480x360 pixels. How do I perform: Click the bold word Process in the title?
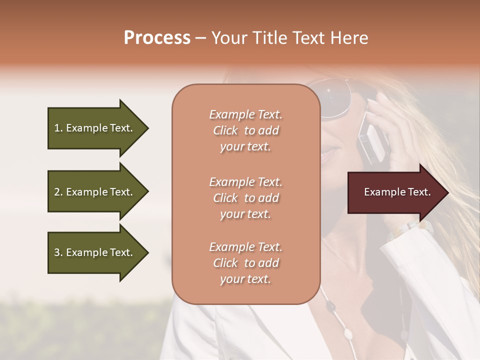157,38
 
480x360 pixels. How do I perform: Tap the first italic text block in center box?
245,130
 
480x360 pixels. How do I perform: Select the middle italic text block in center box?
245,197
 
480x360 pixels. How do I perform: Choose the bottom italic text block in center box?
245,263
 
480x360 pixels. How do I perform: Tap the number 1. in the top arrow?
58,128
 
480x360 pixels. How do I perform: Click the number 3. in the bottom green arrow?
58,252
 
